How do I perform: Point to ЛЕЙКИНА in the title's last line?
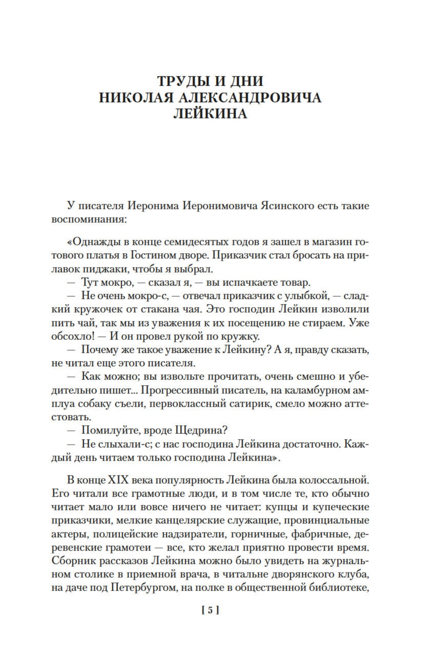pos(210,114)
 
